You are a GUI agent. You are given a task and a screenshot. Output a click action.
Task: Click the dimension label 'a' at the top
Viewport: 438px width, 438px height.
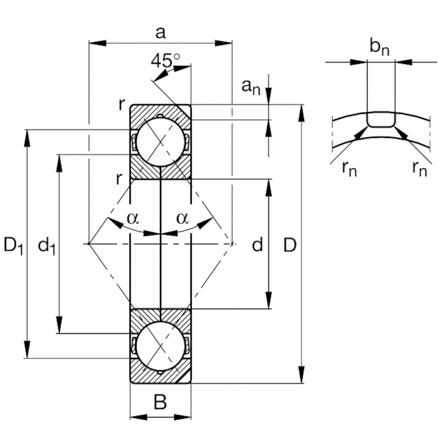tap(160, 33)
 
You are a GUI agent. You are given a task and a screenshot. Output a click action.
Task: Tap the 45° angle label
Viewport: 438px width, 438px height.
tap(166, 60)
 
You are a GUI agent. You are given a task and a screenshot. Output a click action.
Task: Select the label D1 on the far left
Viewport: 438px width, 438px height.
tap(13, 245)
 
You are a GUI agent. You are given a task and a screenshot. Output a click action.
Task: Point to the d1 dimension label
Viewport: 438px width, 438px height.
tap(47, 245)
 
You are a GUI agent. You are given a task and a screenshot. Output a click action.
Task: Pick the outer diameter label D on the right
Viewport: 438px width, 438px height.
tap(290, 245)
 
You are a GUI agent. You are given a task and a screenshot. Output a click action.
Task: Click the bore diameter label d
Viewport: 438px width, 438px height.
tap(257, 244)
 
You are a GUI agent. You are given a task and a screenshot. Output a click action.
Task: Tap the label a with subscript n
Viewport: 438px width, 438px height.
tap(251, 87)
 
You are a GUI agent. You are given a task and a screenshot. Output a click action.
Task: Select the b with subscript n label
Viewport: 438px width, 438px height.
tap(379, 46)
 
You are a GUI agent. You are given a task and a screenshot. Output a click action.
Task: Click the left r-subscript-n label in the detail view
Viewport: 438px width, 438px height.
tap(350, 169)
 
